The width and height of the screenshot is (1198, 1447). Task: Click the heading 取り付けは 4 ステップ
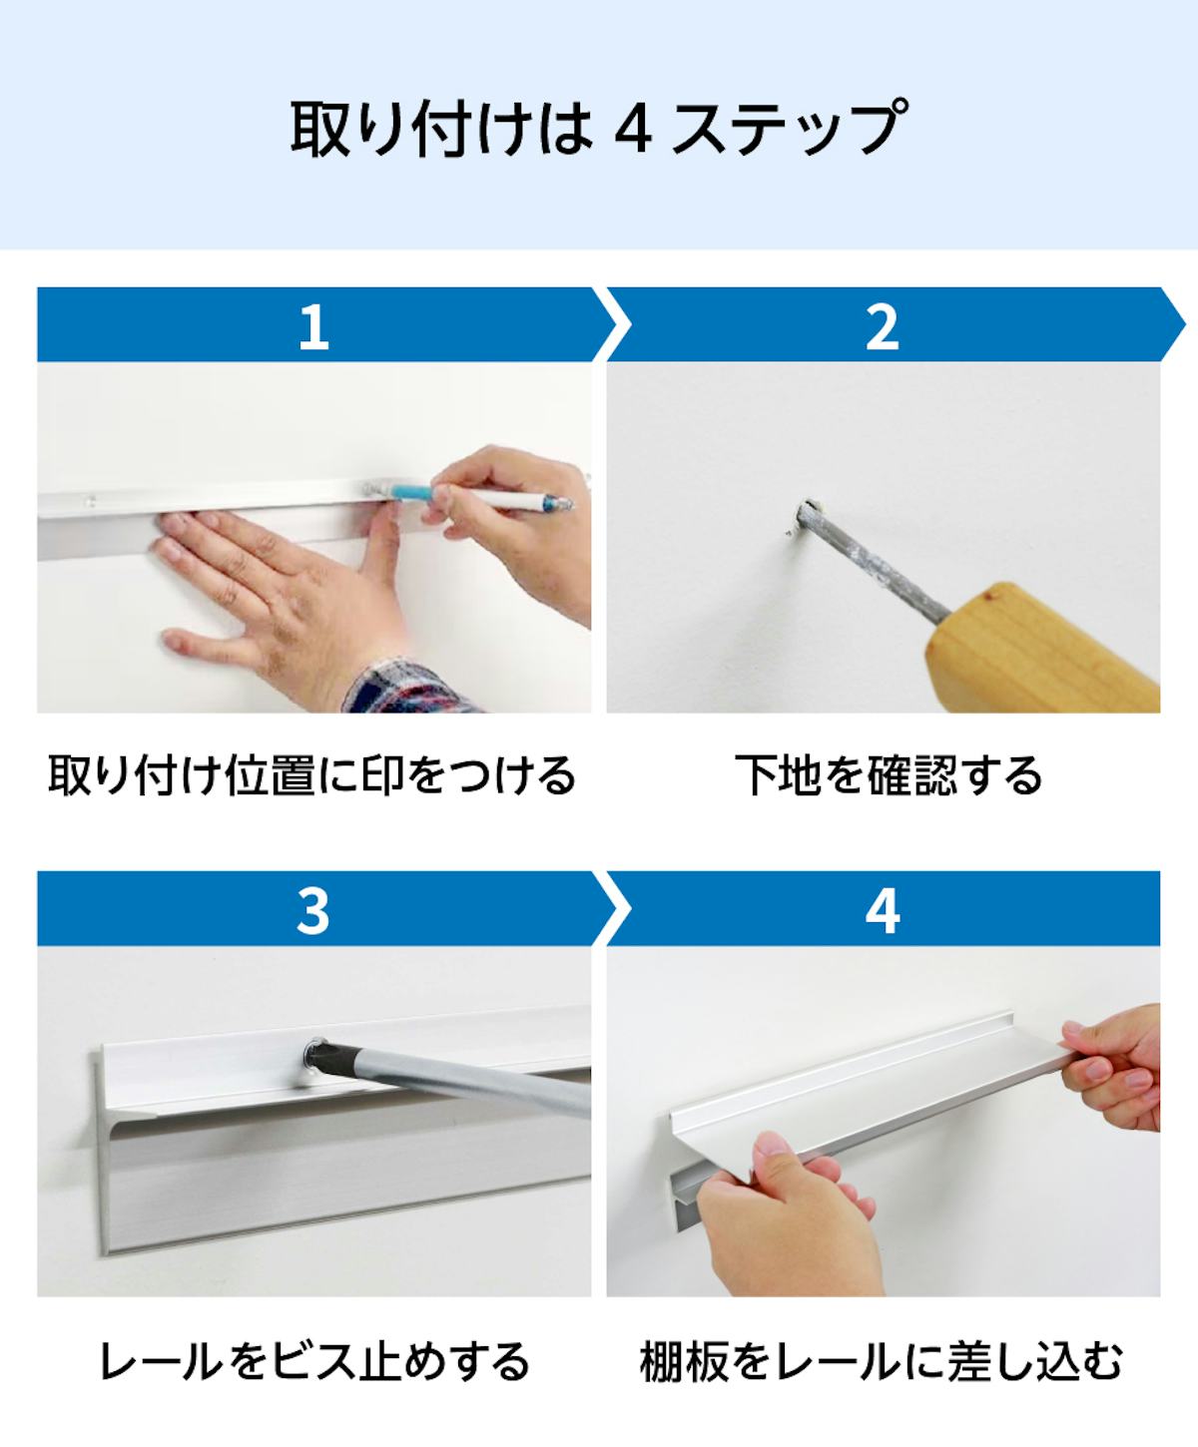click(x=599, y=127)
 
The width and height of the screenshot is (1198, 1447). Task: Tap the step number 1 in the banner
click(x=313, y=325)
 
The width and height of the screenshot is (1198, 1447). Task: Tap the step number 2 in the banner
click(x=883, y=325)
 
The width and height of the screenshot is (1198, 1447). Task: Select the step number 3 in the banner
click(x=313, y=909)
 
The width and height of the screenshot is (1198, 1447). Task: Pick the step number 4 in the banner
click(x=883, y=909)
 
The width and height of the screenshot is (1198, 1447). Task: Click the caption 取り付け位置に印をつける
click(x=312, y=775)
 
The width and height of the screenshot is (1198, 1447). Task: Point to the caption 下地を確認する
click(x=889, y=775)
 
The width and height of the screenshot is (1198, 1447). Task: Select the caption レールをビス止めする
click(x=313, y=1360)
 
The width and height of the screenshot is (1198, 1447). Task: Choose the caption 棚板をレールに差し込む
click(x=882, y=1360)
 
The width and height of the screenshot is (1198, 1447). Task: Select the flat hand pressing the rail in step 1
click(x=260, y=579)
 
